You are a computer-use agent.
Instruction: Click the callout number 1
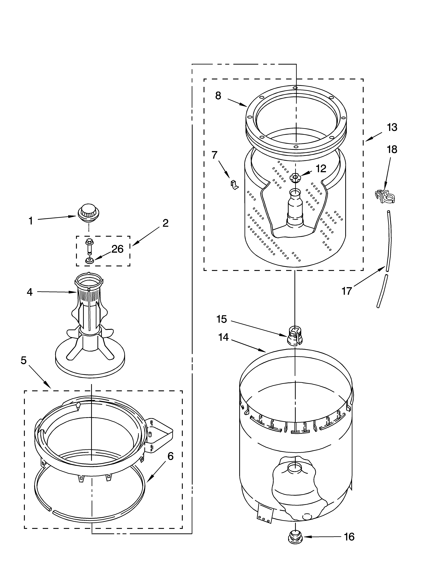coord(31,221)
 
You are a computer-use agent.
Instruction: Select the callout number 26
coord(117,249)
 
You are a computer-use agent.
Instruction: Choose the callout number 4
coord(30,292)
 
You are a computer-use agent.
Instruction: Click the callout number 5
coord(24,361)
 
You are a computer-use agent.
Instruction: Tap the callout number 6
coord(170,456)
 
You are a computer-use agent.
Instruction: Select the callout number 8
coord(218,96)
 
